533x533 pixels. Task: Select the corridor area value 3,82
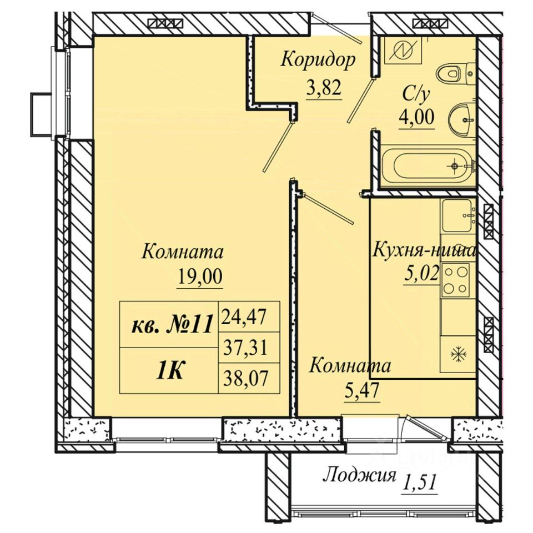pyautogui.click(x=324, y=88)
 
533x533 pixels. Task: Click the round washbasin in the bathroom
pyautogui.click(x=462, y=120)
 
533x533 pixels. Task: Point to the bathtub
pyautogui.click(x=428, y=166)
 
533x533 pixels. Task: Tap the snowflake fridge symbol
pyautogui.click(x=459, y=354)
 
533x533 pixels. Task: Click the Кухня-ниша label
pyautogui.click(x=424, y=251)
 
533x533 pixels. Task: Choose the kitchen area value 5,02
pyautogui.click(x=421, y=274)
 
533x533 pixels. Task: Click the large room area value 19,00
pyautogui.click(x=200, y=276)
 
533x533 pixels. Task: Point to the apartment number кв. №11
pyautogui.click(x=172, y=324)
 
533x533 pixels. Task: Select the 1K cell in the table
pyautogui.click(x=169, y=371)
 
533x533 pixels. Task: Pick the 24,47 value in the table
pyautogui.click(x=243, y=317)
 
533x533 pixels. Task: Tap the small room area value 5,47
pyautogui.click(x=361, y=390)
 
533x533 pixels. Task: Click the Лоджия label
pyautogui.click(x=359, y=475)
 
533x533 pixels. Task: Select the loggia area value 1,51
pyautogui.click(x=419, y=482)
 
